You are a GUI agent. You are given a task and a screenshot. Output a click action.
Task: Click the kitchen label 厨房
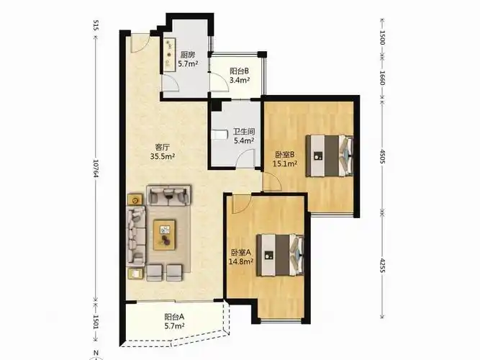click(187, 55)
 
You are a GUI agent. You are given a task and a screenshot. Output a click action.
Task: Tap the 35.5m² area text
click(162, 156)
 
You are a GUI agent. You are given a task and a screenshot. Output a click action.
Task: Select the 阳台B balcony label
click(239, 71)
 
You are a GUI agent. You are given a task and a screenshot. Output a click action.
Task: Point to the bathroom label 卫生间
click(244, 132)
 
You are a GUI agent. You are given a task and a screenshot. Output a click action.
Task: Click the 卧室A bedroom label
click(241, 253)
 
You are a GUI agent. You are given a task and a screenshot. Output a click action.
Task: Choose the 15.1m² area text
click(285, 163)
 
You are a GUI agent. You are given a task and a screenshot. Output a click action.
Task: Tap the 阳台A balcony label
click(174, 317)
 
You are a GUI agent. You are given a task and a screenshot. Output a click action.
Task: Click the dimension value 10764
click(95, 168)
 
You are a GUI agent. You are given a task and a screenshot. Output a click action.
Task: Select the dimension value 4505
click(382, 156)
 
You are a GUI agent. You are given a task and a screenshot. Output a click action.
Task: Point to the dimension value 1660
click(382, 78)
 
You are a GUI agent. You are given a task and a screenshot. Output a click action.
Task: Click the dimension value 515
click(95, 25)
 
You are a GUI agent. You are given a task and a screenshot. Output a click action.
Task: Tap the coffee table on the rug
click(165, 235)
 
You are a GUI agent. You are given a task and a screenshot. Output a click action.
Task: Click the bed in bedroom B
click(330, 156)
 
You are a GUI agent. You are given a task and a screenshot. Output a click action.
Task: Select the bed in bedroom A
click(280, 255)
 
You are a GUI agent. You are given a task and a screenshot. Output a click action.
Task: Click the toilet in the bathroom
click(219, 135)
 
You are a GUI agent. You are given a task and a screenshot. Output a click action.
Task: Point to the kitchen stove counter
click(169, 55)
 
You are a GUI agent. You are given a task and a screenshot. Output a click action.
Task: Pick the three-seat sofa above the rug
click(168, 195)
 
